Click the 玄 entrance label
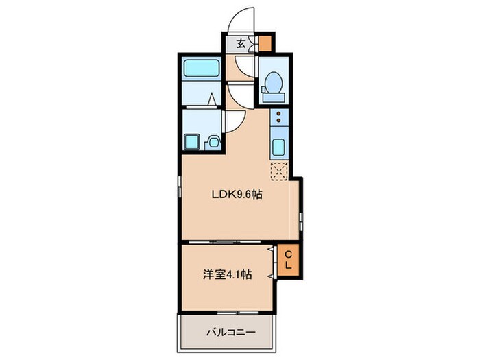241,43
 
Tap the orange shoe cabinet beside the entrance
265,43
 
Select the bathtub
202,69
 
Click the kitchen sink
279,147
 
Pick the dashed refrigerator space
280,170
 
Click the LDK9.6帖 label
237,195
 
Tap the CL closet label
289,259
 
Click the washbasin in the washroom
213,142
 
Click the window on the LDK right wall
301,219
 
